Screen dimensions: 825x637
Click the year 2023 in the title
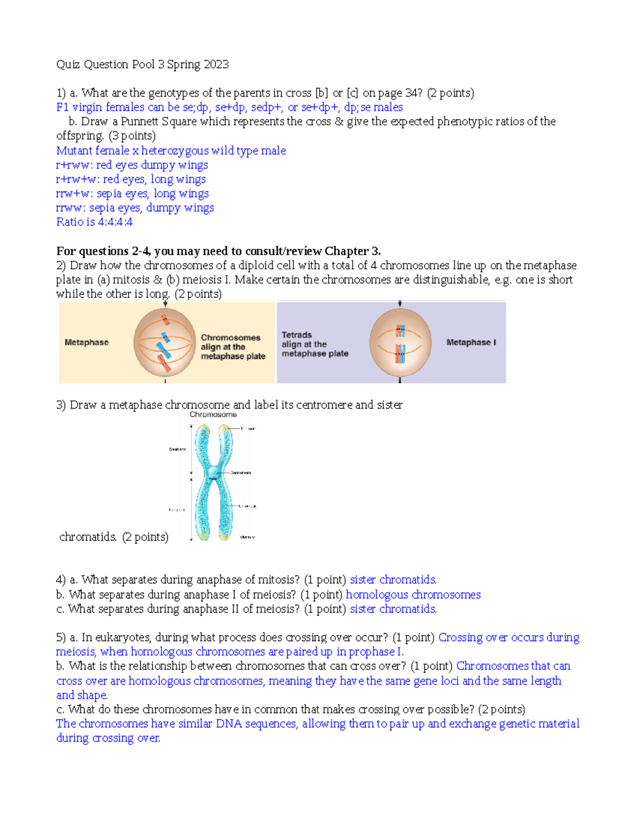click(216, 65)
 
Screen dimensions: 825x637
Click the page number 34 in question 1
click(412, 93)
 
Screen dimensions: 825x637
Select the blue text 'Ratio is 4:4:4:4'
click(94, 222)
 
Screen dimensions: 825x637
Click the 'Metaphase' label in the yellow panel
click(87, 343)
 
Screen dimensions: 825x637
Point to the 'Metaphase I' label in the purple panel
click(471, 343)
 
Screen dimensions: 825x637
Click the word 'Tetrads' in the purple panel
click(296, 335)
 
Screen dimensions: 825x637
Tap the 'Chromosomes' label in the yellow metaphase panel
click(230, 338)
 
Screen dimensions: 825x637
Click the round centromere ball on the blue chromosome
click(212, 472)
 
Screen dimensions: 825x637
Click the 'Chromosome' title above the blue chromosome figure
click(213, 415)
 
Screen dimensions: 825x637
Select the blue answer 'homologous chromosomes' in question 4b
click(413, 595)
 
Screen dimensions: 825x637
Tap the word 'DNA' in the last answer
click(229, 724)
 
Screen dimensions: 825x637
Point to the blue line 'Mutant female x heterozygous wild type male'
click(171, 151)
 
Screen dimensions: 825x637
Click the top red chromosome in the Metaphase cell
click(166, 320)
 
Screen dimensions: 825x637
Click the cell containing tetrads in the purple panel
click(400, 343)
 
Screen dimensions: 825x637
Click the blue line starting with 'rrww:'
click(135, 208)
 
